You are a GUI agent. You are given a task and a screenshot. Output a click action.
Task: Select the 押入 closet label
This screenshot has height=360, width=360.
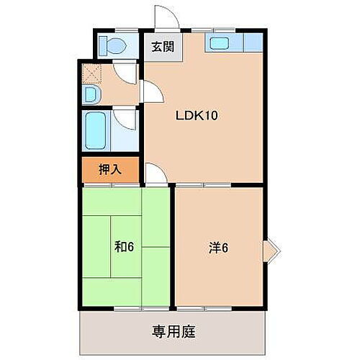click(109, 171)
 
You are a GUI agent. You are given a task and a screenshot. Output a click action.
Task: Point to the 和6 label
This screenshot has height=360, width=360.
click(124, 246)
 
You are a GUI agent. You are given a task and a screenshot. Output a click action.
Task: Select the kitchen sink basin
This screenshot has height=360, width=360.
click(220, 43)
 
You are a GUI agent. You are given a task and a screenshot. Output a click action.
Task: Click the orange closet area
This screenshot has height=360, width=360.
click(109, 171)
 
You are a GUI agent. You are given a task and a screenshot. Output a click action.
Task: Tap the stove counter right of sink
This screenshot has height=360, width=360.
click(253, 43)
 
